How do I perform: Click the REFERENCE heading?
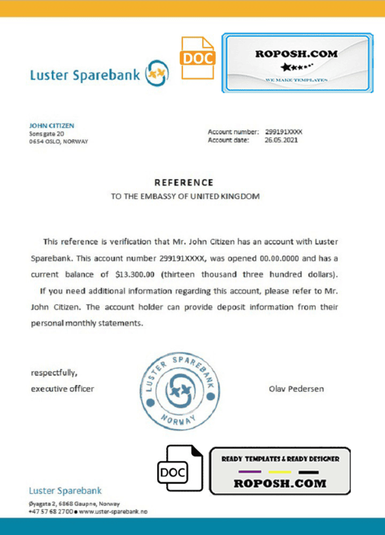184,183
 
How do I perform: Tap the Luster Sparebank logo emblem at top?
157,74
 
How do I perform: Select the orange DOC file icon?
196,58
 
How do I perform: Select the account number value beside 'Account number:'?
284,132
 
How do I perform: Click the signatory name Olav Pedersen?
297,389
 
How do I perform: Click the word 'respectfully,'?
54,373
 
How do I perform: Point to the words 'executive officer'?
62,389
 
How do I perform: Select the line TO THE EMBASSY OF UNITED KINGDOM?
185,197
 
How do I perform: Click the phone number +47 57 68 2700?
51,511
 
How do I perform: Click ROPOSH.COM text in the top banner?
296,54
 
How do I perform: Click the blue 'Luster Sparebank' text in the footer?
65,491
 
